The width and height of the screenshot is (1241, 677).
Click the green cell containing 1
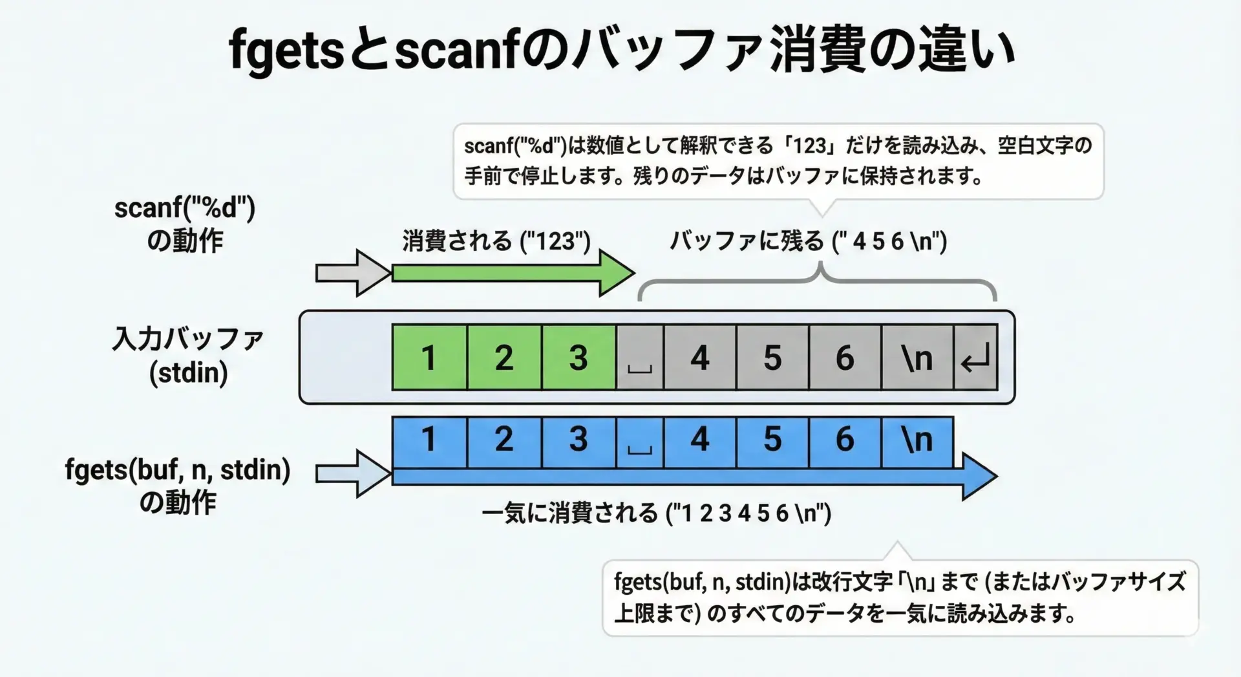429,358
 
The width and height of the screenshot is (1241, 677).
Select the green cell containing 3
578,358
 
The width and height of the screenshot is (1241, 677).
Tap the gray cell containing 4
699,358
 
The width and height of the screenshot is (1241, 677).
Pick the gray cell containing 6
844,358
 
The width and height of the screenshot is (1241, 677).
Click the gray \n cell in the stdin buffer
917,358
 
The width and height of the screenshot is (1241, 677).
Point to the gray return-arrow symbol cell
975,358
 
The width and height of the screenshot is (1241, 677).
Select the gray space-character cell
640,358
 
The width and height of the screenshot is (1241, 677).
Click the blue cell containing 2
504,440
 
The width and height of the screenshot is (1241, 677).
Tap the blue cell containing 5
772,440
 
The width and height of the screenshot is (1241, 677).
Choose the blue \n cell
917,440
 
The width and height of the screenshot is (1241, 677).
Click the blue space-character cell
640,440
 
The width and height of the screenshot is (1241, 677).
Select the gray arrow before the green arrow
352,273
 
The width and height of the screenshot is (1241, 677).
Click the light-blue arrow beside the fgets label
352,474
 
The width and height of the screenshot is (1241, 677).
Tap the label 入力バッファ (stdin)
188,356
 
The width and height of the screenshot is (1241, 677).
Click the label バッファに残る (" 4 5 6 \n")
808,241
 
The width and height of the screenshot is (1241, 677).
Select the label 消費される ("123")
496,241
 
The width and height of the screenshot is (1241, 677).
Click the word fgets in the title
285,50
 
